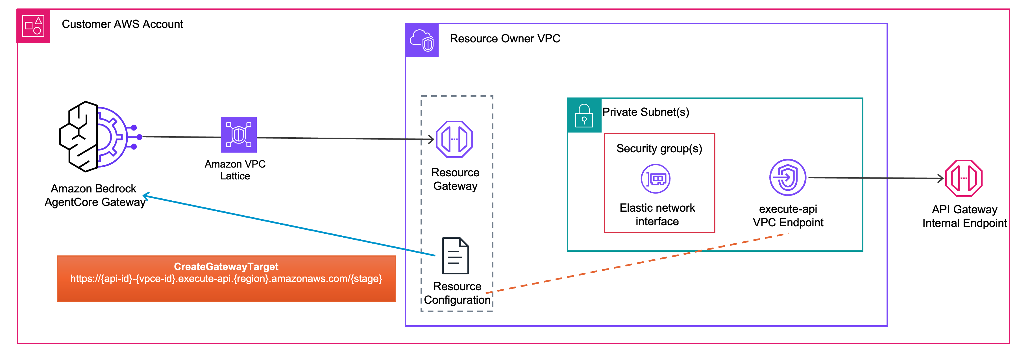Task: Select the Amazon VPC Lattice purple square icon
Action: click(239, 135)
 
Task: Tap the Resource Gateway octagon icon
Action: click(454, 139)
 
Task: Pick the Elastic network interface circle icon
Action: click(656, 179)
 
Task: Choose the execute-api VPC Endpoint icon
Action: click(788, 178)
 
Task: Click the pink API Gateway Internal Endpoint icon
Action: click(964, 178)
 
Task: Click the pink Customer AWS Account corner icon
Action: click(33, 26)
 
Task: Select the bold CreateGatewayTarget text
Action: click(226, 267)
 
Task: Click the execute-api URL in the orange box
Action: click(226, 279)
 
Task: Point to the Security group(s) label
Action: click(659, 149)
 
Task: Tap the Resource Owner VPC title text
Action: click(505, 39)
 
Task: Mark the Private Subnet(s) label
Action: click(646, 112)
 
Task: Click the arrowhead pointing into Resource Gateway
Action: click(431, 139)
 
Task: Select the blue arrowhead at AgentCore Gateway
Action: click(145, 196)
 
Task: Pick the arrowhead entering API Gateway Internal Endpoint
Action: click(941, 178)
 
